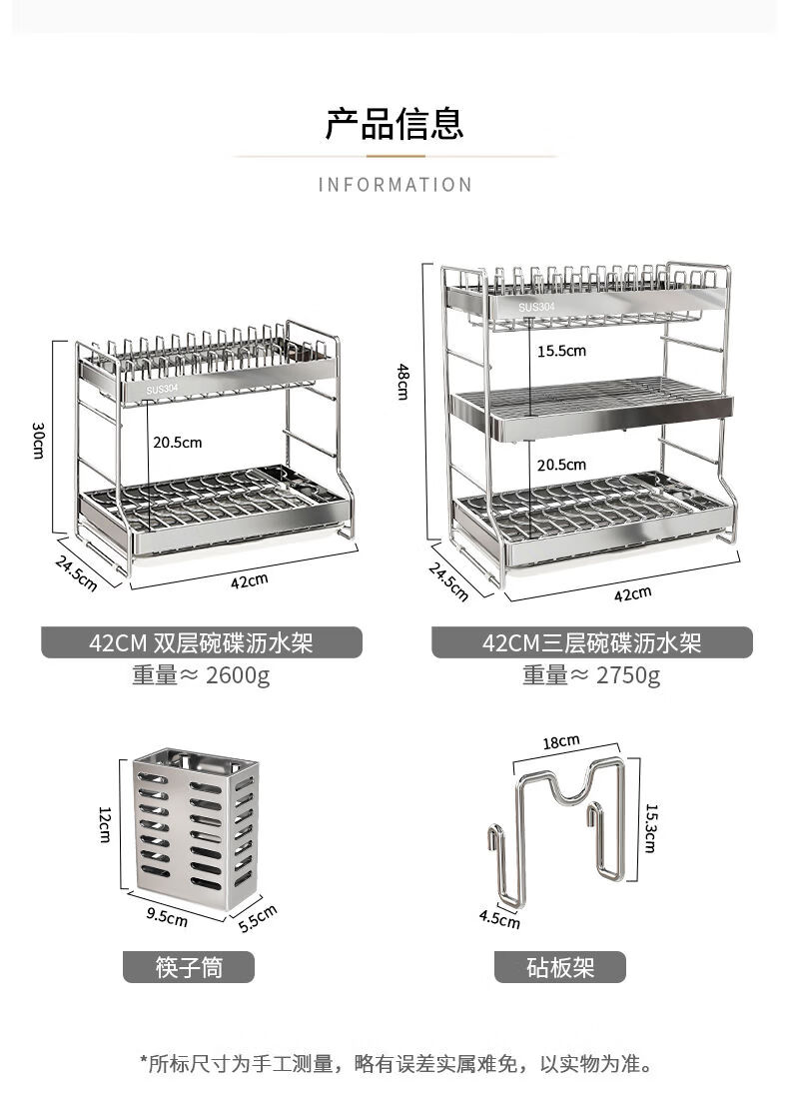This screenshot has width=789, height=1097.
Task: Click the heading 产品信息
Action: (x=394, y=124)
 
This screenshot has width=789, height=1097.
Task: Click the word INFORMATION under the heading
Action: (x=394, y=185)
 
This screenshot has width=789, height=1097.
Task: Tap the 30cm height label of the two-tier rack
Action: (x=38, y=440)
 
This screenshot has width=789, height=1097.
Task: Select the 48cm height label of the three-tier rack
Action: (x=402, y=382)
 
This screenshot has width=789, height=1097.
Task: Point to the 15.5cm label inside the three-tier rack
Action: (x=561, y=352)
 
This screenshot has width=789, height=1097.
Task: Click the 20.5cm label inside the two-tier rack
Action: (x=178, y=443)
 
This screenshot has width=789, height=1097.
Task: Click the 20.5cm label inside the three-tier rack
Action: (x=561, y=465)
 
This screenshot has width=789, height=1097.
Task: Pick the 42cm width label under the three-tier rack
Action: (x=632, y=592)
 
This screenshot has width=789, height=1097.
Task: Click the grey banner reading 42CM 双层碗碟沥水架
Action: (x=201, y=642)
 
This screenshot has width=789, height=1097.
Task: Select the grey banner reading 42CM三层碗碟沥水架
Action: (x=591, y=642)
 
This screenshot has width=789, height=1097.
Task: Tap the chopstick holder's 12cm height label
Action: (x=104, y=824)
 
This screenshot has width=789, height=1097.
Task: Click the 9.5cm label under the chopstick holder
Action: (x=167, y=914)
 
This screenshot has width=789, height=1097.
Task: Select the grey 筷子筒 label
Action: (x=189, y=967)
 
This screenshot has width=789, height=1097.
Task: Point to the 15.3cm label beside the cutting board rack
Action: (x=650, y=827)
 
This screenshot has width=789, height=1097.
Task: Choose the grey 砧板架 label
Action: (x=560, y=967)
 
